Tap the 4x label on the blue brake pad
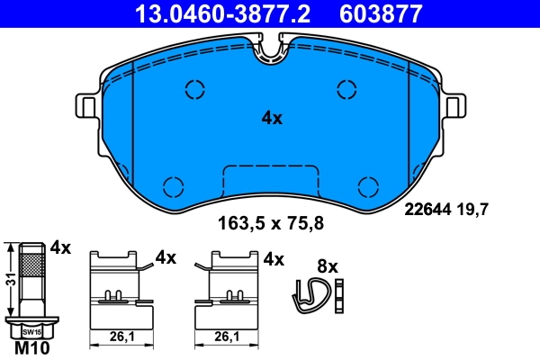[272, 118]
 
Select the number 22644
[426, 211]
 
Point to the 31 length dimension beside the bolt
[8, 279]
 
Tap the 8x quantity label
[328, 266]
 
